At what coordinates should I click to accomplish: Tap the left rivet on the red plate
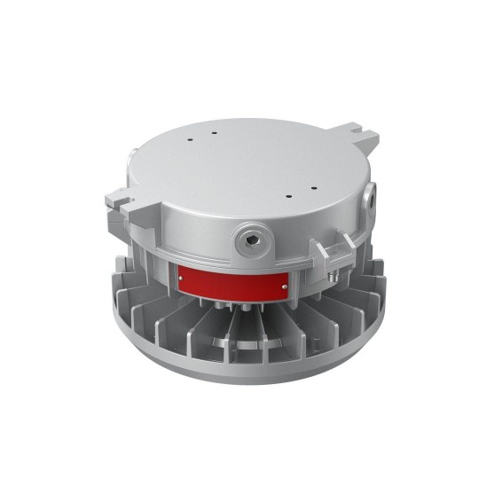(182, 279)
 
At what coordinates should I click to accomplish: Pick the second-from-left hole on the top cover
(214, 132)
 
